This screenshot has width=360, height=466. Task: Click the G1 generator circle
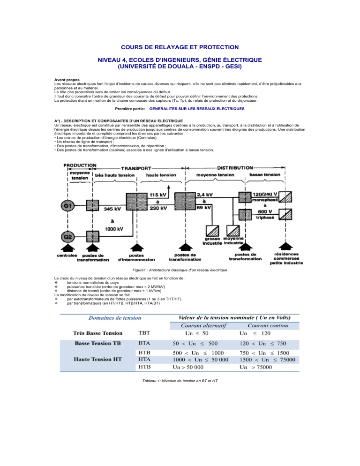(x=67, y=206)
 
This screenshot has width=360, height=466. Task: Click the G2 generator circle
(x=67, y=237)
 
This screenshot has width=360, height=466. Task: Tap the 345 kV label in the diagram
(x=112, y=209)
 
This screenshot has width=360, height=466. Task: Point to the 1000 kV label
(x=113, y=229)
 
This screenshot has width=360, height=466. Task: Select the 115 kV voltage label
(x=157, y=195)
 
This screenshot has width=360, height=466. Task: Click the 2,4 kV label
(x=205, y=195)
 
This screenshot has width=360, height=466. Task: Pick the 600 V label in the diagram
(x=264, y=211)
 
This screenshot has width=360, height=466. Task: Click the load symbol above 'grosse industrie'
(x=212, y=231)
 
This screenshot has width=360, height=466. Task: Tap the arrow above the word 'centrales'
(x=68, y=248)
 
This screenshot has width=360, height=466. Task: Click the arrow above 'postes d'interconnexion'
(x=137, y=248)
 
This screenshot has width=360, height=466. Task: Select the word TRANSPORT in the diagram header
(x=136, y=168)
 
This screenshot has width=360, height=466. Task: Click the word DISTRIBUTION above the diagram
(x=235, y=168)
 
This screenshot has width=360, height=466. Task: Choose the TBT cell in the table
(x=144, y=333)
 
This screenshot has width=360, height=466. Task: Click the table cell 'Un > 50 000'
(x=188, y=368)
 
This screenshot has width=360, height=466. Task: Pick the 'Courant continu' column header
(x=268, y=326)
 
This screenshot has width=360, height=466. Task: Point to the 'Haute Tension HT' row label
(x=98, y=359)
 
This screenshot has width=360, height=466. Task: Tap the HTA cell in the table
(x=144, y=359)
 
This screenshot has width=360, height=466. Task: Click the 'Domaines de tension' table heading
(x=115, y=318)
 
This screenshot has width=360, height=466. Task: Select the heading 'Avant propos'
(x=67, y=80)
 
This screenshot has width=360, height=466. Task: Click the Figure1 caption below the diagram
(x=180, y=270)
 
